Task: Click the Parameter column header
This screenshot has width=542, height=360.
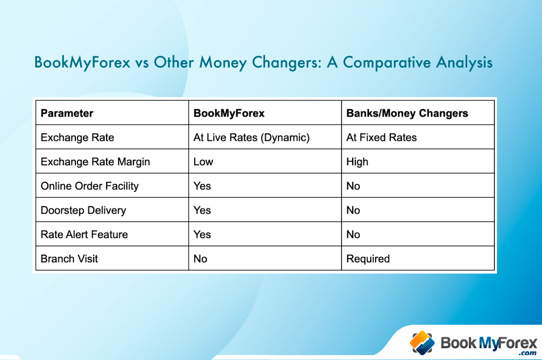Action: [67, 113]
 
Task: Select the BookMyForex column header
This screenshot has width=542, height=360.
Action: [229, 113]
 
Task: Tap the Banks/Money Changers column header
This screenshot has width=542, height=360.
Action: [407, 113]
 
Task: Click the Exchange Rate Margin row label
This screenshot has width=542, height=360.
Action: [95, 162]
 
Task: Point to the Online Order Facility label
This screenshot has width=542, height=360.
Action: [89, 186]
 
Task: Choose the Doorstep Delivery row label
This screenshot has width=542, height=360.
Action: [83, 210]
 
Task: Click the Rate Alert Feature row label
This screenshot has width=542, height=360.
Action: [84, 234]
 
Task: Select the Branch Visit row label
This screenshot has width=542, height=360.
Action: [69, 259]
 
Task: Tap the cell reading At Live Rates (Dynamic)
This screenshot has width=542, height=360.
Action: [251, 138]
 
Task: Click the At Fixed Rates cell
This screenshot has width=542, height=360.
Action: [381, 138]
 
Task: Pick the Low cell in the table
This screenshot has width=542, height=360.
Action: [203, 162]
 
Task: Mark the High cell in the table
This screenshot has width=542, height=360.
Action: [357, 162]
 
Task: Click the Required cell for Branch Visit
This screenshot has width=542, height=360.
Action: [368, 259]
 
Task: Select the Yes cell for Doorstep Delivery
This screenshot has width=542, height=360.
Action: [202, 210]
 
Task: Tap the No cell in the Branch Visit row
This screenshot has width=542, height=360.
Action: [200, 259]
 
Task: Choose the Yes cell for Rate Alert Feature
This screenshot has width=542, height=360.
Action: [202, 234]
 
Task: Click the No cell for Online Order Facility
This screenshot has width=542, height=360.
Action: [353, 186]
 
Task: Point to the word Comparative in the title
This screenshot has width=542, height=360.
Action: [387, 62]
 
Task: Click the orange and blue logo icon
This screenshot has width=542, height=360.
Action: [422, 343]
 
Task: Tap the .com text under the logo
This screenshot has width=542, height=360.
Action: [527, 353]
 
